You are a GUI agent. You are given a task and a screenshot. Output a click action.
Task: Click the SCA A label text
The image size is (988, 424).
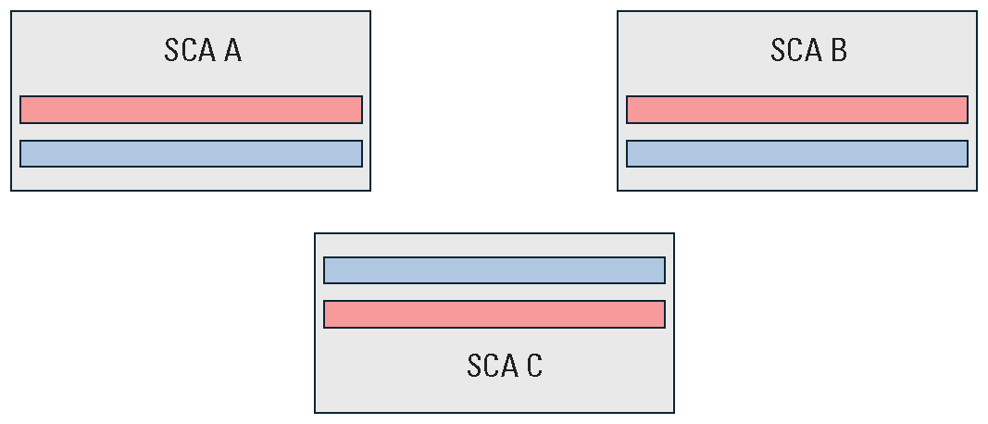pos(203,50)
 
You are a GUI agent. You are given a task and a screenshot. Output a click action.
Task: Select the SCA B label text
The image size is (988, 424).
pos(808,50)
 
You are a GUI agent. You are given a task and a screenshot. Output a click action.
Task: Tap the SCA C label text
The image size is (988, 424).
pos(505,366)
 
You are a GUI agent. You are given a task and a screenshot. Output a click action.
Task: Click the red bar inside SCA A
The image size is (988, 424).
pos(191,109)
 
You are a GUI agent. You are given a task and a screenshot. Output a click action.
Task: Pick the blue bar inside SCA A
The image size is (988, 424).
pos(191,154)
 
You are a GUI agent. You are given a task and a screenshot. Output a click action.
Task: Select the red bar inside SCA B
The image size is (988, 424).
pos(796,109)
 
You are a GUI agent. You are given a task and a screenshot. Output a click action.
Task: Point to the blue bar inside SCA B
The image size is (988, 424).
pos(796,154)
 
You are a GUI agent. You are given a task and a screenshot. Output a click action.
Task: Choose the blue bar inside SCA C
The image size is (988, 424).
pos(494,270)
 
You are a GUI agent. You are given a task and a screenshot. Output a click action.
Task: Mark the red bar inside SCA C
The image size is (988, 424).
pos(494,314)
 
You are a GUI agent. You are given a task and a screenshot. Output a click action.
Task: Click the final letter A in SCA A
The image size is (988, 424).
pos(231,50)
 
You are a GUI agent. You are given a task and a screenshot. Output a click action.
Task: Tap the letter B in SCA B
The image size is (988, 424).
pos(838,50)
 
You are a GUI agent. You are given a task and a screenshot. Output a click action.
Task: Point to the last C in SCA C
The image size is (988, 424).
pos(533,366)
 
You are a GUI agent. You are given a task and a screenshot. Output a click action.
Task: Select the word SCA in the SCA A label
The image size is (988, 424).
pos(189,50)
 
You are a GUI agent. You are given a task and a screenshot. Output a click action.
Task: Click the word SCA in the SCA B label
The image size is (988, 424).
pos(795,50)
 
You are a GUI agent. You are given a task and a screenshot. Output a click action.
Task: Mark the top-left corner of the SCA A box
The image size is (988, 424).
pos(11,12)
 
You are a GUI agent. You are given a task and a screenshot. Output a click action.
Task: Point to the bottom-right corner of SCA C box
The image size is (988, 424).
pos(673,412)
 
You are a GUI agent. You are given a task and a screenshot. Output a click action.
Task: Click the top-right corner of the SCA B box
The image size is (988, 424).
pos(976,12)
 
